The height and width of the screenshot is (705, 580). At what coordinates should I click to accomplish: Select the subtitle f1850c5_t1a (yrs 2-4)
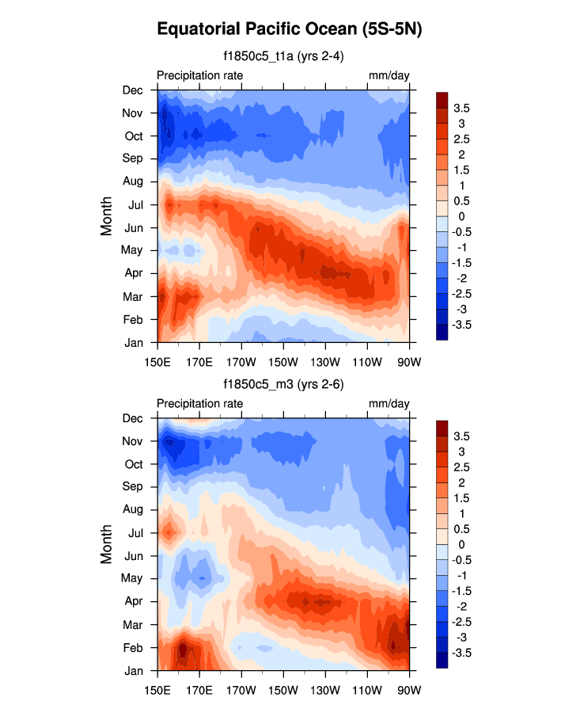click(x=282, y=56)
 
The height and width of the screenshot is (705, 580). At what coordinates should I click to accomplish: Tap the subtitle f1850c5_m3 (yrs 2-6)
click(x=282, y=384)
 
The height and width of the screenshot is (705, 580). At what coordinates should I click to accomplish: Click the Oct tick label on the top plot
click(x=133, y=135)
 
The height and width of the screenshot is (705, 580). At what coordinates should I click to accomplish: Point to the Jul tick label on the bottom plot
click(x=135, y=532)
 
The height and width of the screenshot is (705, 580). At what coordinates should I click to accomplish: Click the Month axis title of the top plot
click(x=108, y=215)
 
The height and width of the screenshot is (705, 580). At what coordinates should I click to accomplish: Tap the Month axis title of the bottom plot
click(x=108, y=544)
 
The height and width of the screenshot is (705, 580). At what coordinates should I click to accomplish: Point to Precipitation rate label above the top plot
click(x=199, y=75)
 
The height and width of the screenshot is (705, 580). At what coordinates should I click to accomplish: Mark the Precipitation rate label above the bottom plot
click(x=199, y=404)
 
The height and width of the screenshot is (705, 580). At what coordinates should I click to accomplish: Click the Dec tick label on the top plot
click(x=133, y=90)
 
